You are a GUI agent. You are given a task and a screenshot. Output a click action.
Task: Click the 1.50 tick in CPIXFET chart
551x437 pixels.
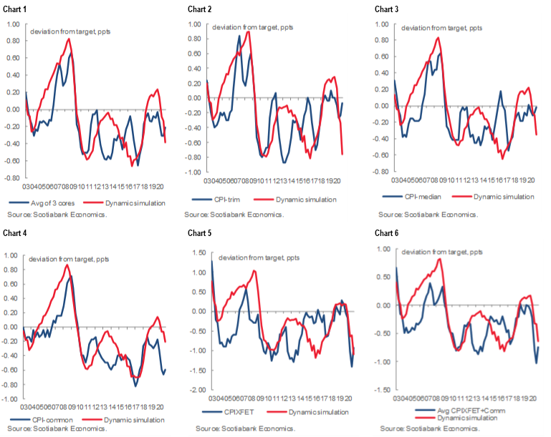pyautogui.click(x=197, y=252)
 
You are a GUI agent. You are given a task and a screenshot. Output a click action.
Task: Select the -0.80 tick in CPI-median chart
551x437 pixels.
pyautogui.click(x=379, y=172)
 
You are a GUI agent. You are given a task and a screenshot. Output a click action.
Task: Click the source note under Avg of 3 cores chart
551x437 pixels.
pyautogui.click(x=57, y=214)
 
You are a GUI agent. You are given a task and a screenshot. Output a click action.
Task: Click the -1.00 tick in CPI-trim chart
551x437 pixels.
pyautogui.click(x=191, y=172)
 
